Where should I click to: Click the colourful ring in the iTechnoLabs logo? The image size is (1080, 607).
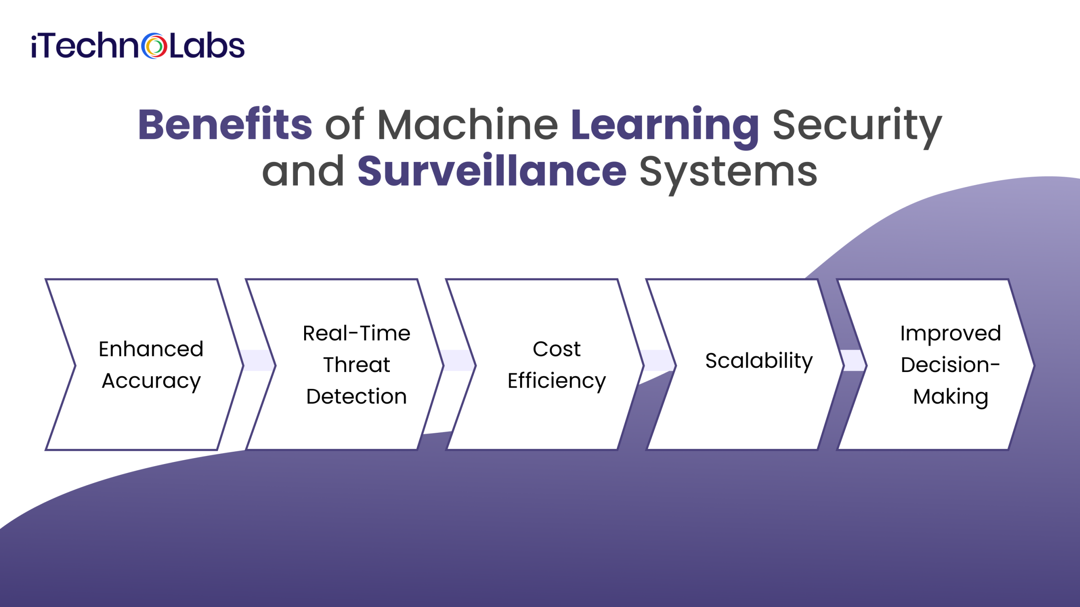click(154, 46)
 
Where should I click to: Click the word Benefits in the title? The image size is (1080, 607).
click(225, 124)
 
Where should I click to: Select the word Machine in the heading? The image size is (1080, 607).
click(467, 124)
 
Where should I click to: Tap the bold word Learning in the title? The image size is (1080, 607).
click(665, 127)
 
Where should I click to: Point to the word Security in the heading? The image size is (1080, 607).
click(857, 127)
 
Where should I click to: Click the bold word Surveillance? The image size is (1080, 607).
click(492, 170)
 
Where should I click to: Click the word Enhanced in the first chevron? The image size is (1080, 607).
click(151, 349)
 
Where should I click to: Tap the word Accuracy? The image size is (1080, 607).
click(151, 382)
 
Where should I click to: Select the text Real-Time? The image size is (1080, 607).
click(356, 333)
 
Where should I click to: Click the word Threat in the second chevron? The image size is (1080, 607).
click(356, 364)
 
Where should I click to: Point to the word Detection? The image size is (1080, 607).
click(356, 397)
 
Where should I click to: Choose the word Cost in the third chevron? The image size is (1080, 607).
click(556, 349)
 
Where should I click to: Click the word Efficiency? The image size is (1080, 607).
click(556, 382)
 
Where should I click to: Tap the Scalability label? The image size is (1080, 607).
click(759, 361)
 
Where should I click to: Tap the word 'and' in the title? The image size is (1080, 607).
click(303, 171)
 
